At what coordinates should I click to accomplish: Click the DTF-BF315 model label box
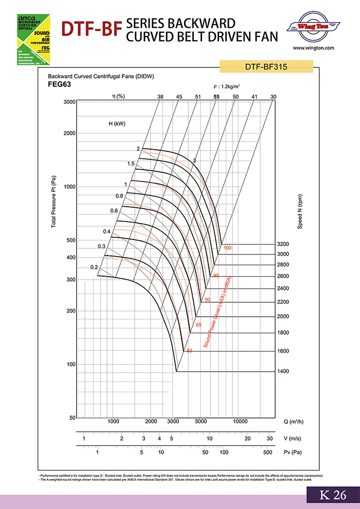pos(266,66)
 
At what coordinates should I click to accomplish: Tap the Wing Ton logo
pos(313,26)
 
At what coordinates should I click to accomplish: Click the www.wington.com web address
pos(313,48)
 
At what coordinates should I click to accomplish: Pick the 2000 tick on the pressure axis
pos(69,133)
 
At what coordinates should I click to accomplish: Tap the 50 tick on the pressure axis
pos(72,418)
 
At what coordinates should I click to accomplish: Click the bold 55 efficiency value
pos(217,97)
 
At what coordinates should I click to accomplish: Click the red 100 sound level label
pos(228,248)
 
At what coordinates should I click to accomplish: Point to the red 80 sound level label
pos(189,351)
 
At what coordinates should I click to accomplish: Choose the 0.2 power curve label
pos(94,267)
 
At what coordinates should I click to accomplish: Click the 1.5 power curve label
pos(131,163)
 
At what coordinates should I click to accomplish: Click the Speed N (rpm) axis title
pos(299,211)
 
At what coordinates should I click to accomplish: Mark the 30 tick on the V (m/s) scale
pos(269,438)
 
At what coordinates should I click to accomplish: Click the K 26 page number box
pos(333,495)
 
